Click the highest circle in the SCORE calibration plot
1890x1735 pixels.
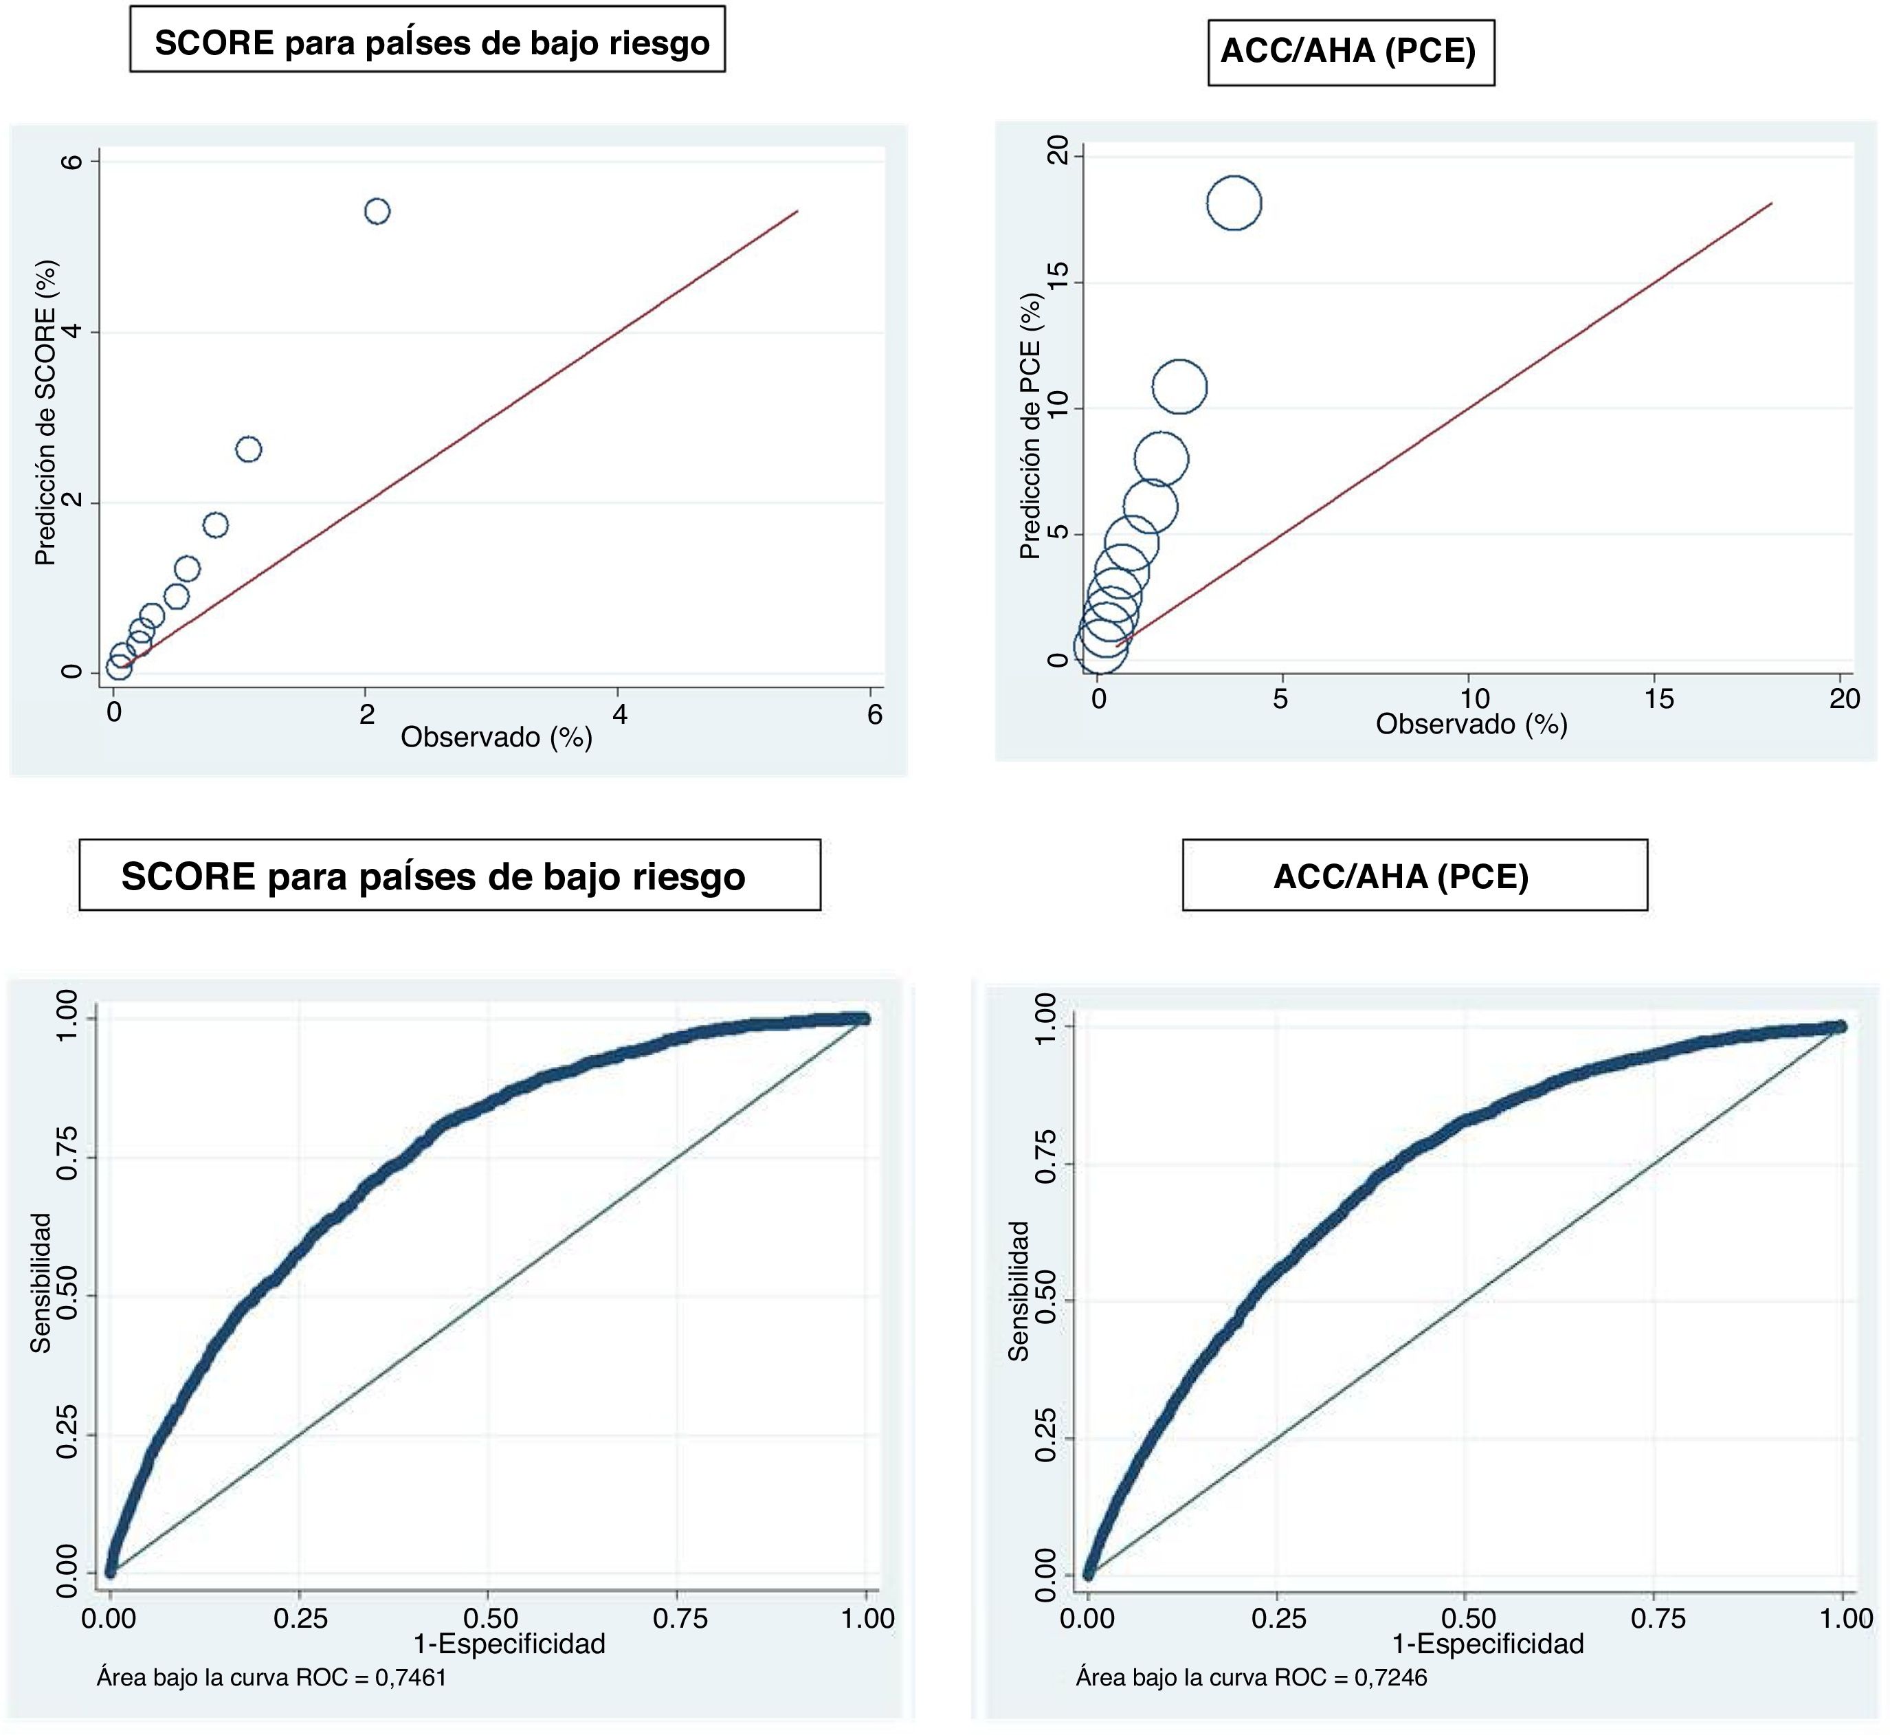tap(377, 211)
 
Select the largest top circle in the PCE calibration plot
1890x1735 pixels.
tap(1234, 203)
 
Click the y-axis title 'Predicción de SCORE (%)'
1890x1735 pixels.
tap(45, 413)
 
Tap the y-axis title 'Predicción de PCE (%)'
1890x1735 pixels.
tap(1030, 426)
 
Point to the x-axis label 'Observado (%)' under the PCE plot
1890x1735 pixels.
tap(1471, 724)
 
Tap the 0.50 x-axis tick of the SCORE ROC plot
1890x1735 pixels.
tap(491, 1619)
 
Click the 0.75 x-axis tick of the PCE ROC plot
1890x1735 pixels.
tap(1658, 1619)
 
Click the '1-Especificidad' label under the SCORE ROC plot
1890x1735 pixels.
tap(509, 1644)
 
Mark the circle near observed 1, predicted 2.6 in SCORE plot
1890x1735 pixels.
tap(247, 449)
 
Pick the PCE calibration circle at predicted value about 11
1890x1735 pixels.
tap(1179, 387)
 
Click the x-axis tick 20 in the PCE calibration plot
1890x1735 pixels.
tap(1844, 698)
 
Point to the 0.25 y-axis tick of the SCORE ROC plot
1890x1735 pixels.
tap(66, 1435)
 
